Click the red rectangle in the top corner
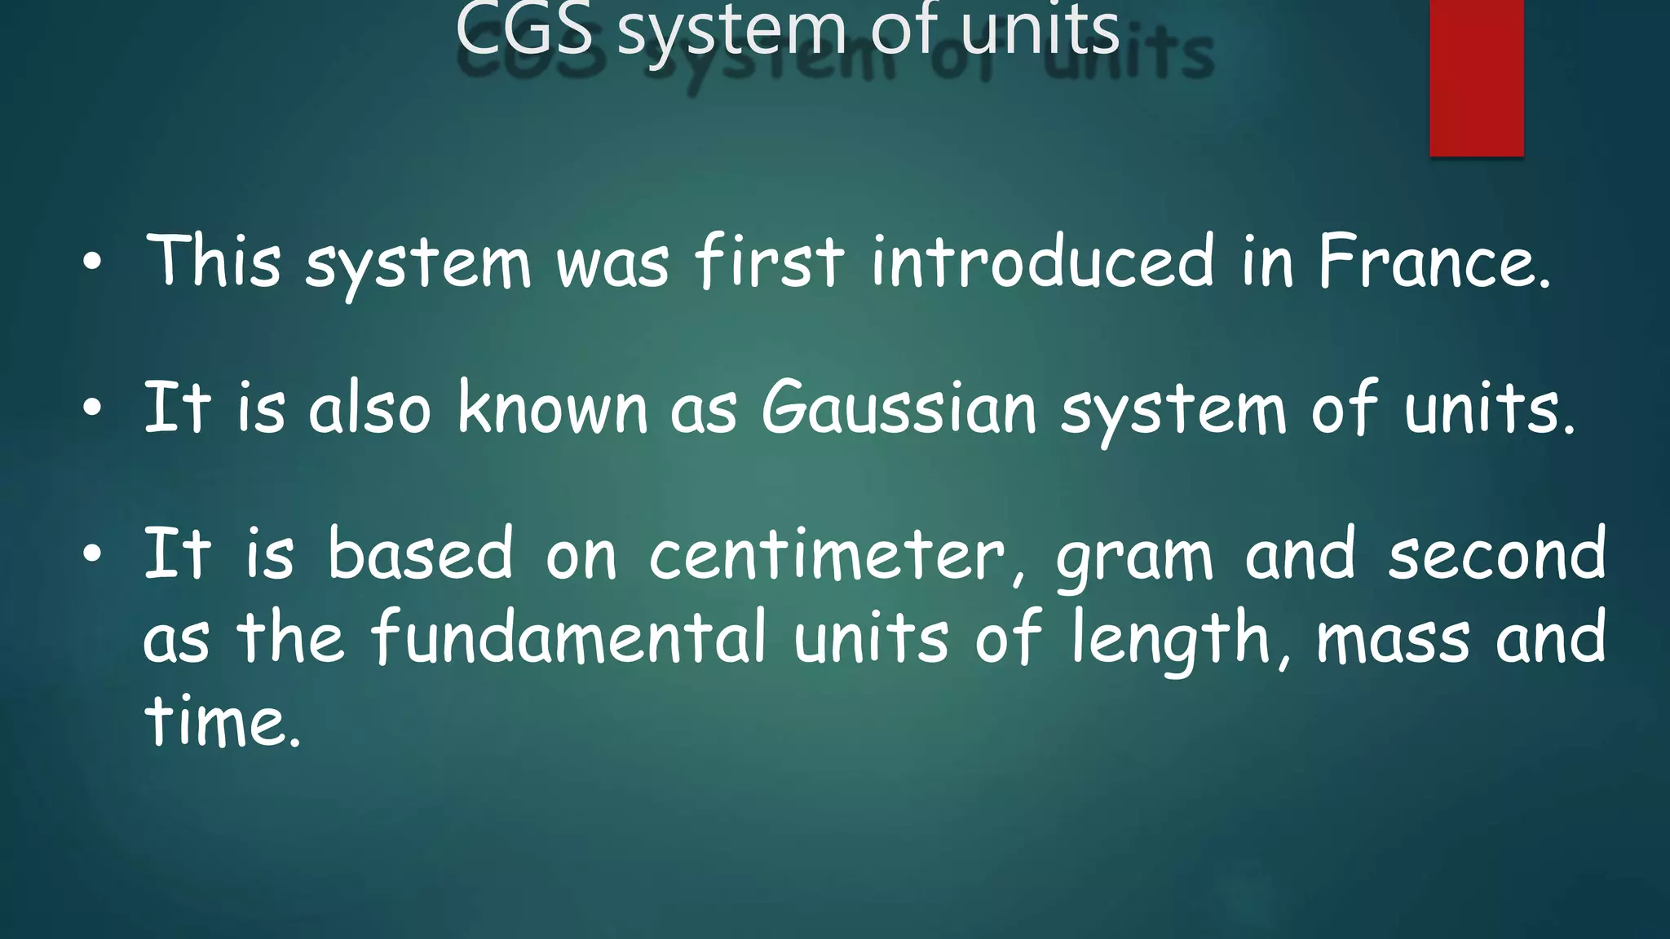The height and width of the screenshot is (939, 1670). (1476, 77)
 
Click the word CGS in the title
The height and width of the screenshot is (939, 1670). (524, 30)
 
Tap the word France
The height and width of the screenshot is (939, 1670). (1433, 262)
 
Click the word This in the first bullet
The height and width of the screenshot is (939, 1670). (214, 262)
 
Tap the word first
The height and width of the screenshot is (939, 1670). (770, 262)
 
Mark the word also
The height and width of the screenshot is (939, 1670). (369, 408)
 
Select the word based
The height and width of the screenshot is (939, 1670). (421, 554)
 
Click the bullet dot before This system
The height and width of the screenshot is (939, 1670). (92, 263)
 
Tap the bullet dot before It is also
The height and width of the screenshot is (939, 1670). (92, 408)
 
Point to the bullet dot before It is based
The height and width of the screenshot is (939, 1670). (92, 554)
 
